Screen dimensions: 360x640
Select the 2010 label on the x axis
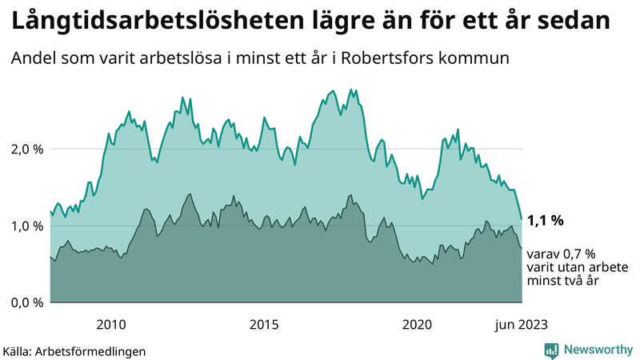[111, 324]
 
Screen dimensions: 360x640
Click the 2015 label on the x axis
[264, 324]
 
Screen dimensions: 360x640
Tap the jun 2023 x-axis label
[521, 324]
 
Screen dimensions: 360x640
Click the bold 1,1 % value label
[546, 220]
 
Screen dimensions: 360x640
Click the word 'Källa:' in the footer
[18, 350]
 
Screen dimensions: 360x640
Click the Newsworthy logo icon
[551, 350]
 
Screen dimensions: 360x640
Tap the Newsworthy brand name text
[598, 350]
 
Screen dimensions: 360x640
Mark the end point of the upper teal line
[522, 218]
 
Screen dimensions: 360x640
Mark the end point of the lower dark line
[522, 249]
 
